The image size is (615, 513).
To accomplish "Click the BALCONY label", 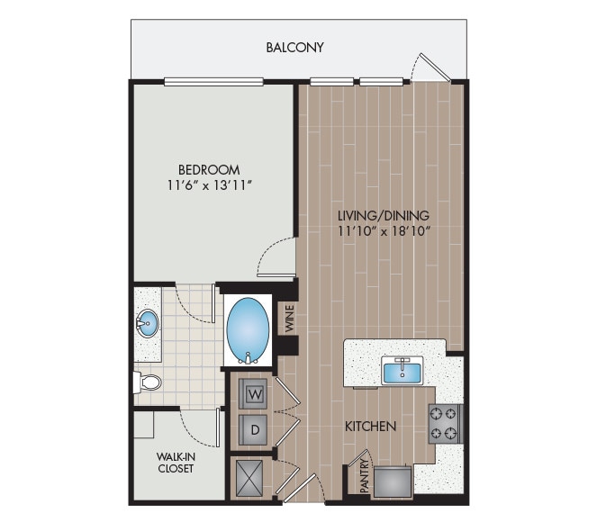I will [294, 48].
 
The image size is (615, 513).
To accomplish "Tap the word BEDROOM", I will [209, 169].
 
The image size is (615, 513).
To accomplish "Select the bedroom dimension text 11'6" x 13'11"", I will [209, 186].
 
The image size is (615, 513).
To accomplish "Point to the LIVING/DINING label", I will [383, 216].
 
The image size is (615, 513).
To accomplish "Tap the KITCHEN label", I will [371, 426].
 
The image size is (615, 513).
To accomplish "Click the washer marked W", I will [253, 394].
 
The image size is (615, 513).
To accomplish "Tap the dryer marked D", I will [255, 429].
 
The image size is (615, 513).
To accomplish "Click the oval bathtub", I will [247, 326].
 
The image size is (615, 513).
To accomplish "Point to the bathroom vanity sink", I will [148, 321].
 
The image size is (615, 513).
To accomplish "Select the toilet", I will [148, 382].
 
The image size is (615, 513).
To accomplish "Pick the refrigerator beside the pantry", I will [394, 481].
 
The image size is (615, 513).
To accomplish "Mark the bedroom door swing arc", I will [276, 259].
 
